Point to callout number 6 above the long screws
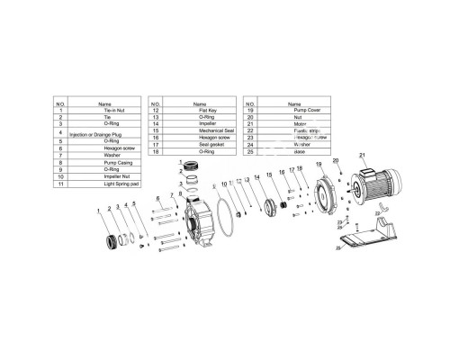coord(157,198)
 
